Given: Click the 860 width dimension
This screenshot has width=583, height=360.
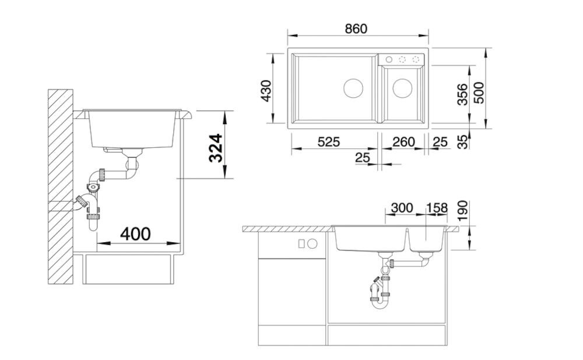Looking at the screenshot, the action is (x=356, y=29).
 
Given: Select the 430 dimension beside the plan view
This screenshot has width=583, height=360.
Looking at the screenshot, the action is (x=266, y=91).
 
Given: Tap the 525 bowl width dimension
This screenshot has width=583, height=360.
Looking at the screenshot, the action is (x=329, y=142).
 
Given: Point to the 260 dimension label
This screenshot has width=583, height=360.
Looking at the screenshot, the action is (x=403, y=142).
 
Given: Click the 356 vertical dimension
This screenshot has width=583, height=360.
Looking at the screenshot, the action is (x=462, y=94).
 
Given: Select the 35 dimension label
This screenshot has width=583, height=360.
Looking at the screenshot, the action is (x=462, y=142).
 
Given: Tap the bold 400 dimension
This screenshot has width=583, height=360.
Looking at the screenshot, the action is (x=135, y=234).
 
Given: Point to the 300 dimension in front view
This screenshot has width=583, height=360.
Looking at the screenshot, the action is (x=402, y=208).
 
